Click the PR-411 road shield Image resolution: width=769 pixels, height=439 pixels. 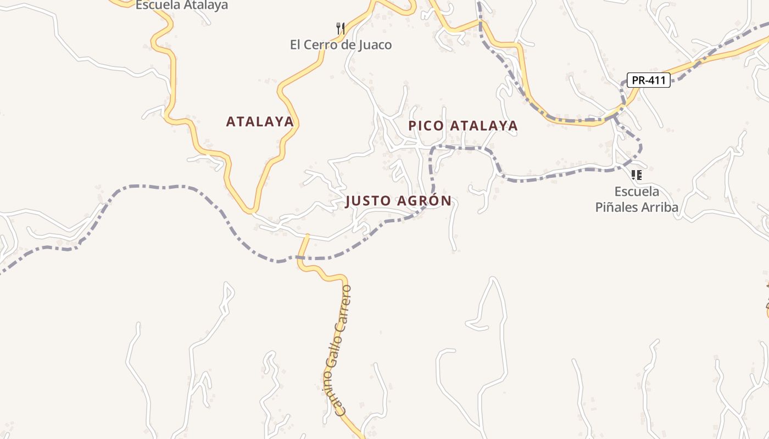coord(649,80)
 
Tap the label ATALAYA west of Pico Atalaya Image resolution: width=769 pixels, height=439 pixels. coord(260,122)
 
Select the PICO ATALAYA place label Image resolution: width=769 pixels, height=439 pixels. coord(462,126)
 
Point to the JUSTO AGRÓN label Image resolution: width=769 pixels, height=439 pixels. coord(398,201)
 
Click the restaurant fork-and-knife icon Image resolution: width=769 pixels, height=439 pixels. coord(341,28)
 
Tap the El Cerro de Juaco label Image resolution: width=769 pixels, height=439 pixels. coord(341,45)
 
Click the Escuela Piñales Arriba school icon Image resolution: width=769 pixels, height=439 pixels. coord(636,175)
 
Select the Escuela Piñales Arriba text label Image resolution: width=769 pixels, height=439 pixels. coord(637,200)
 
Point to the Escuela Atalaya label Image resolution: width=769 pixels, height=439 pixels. coord(181,5)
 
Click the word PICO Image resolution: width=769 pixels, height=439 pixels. coord(426,126)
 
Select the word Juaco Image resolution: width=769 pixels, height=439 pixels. coord(375,45)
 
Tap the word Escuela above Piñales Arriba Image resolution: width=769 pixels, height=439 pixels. coord(637,192)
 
